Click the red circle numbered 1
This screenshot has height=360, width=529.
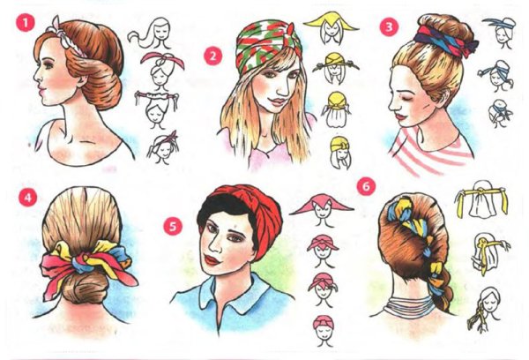point(26,23)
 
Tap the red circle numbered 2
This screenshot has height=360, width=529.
point(212,56)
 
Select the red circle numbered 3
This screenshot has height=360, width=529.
point(389,26)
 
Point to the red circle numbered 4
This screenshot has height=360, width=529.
point(27,197)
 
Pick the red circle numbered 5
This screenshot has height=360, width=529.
point(173,226)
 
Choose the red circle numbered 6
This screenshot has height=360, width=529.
point(366,186)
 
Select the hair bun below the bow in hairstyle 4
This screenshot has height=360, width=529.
point(81,287)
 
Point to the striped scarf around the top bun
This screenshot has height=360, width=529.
point(444,41)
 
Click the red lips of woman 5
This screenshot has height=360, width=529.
point(212,260)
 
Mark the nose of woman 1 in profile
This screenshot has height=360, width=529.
point(36,77)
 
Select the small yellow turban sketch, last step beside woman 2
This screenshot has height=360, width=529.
point(340,153)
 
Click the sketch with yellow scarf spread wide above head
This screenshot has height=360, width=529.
point(332,27)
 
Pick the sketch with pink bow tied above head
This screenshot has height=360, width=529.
point(162,69)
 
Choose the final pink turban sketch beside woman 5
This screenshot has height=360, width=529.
point(324,330)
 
